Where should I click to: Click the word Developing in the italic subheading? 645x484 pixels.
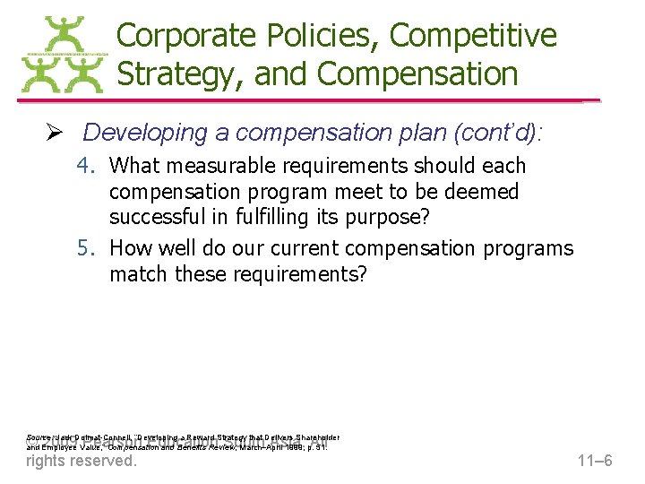coord(145,133)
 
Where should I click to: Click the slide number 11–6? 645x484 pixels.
coord(594,462)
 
